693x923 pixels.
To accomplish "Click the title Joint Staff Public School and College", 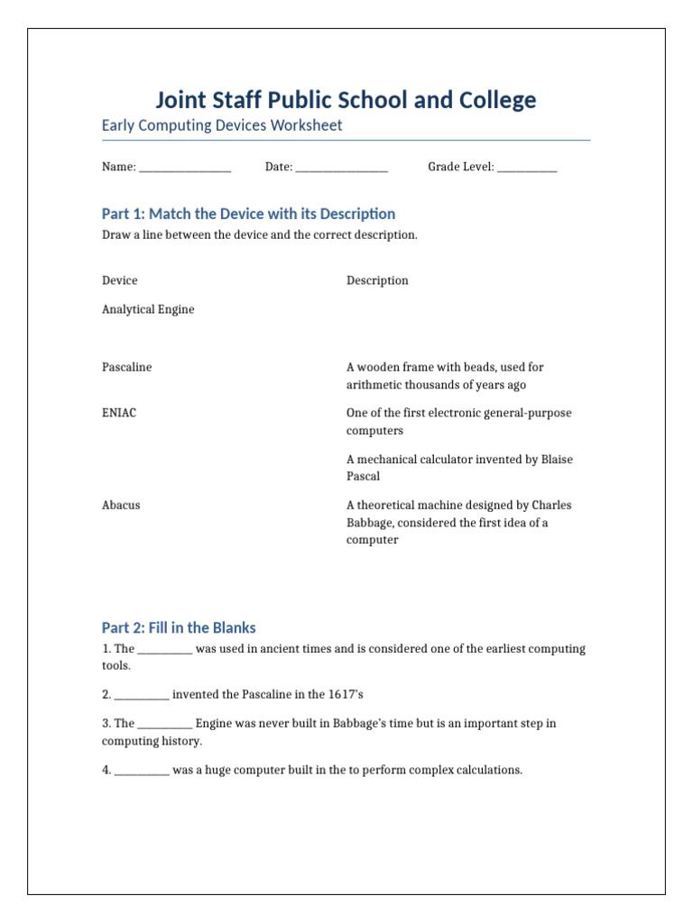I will pos(346,100).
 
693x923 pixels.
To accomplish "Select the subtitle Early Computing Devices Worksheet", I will pos(222,125).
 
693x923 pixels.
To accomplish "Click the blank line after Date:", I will pos(341,168).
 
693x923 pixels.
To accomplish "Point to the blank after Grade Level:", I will pos(527,168).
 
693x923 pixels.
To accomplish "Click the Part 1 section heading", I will pos(248,214).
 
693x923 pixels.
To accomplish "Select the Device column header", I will pos(120,280).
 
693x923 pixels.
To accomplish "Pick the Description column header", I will pos(377,280).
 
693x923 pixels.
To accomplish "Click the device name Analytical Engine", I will pos(148,309).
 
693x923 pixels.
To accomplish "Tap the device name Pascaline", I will pos(127,367).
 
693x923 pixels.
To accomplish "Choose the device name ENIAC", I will pos(119,413).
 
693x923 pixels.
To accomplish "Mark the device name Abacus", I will pos(121,505).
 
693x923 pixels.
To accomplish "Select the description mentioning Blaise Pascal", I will pos(459,468).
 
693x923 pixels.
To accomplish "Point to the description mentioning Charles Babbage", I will pos(458,523).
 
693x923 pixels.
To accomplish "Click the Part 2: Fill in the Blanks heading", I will pos(179,627).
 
